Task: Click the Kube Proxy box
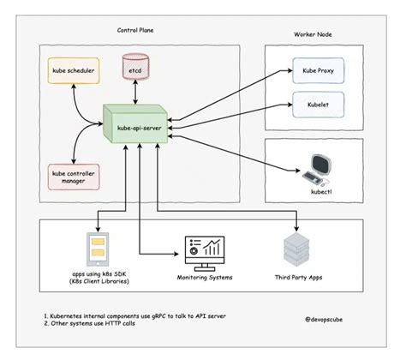tap(314, 71)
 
